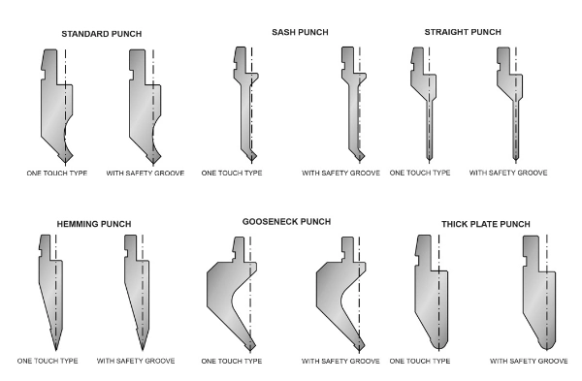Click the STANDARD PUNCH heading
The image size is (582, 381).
[x=101, y=34]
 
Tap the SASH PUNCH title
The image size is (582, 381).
[x=300, y=32]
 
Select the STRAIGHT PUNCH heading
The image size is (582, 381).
[x=463, y=32]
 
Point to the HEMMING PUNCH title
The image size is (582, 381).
[x=94, y=224]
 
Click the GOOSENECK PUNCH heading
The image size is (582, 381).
[x=286, y=222]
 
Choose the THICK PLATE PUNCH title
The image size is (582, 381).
[x=486, y=224]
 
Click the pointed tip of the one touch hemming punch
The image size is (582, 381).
[x=55, y=350]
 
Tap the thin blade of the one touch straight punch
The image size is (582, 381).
[x=429, y=130]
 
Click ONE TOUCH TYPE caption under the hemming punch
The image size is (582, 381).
[x=48, y=361]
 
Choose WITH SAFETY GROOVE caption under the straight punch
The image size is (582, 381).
[x=508, y=173]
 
